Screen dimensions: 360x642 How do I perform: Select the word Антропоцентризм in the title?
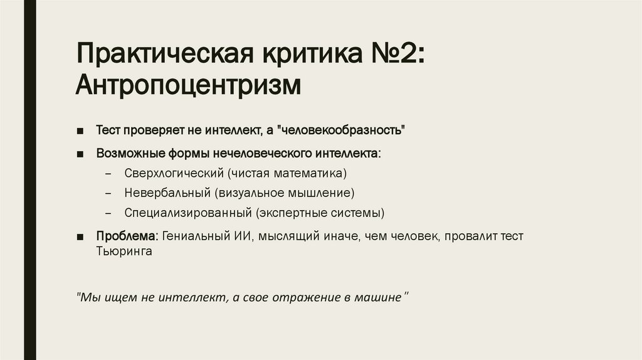(187, 85)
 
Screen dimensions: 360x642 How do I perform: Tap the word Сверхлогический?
(173, 172)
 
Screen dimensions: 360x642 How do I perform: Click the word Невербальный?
(166, 192)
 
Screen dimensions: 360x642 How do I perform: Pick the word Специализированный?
(187, 212)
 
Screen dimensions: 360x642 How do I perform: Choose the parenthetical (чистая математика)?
(287, 172)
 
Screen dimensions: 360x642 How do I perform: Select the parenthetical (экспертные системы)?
(320, 212)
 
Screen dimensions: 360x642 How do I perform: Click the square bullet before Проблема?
(81, 236)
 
